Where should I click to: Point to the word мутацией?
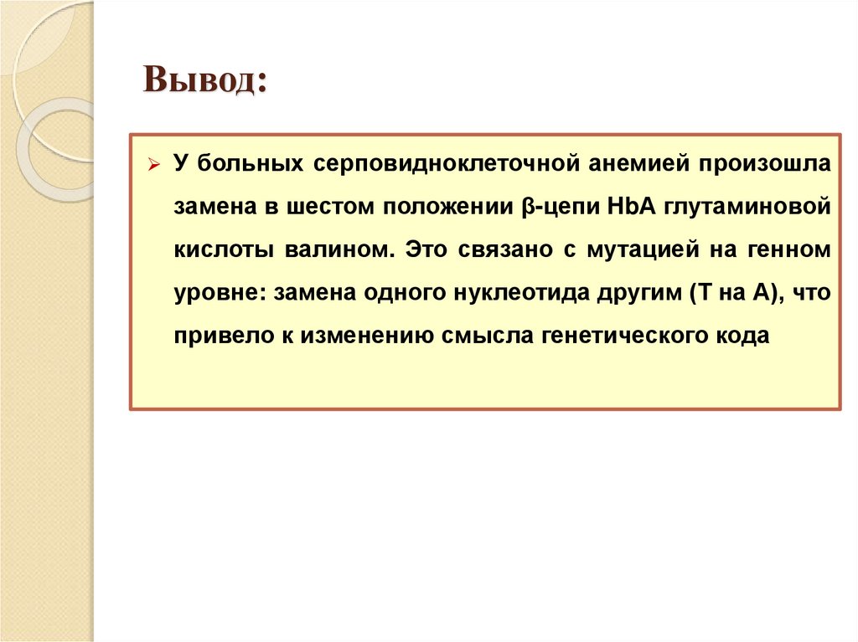point(602,249)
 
